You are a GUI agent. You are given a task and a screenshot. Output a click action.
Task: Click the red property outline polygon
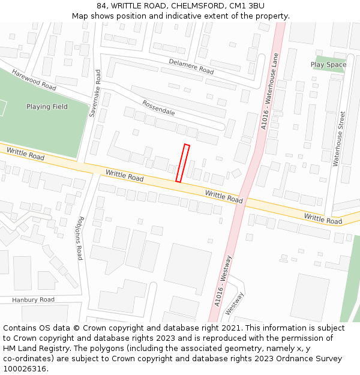(x=182, y=163)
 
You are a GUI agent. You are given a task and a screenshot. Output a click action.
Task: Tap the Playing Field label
(x=47, y=107)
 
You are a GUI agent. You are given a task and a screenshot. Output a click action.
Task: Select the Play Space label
(x=328, y=65)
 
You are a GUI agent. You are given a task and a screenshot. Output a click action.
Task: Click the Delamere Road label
(x=191, y=66)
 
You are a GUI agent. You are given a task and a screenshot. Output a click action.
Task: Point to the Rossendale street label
(x=158, y=108)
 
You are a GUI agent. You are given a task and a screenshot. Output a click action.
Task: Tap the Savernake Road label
(x=94, y=93)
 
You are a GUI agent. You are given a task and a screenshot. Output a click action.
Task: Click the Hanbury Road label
(x=33, y=299)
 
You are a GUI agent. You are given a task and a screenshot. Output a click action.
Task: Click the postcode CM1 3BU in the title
(x=247, y=5)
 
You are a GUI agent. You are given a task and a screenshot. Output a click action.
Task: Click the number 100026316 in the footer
(x=24, y=368)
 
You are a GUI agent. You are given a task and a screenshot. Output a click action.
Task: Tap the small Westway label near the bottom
(x=235, y=303)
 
